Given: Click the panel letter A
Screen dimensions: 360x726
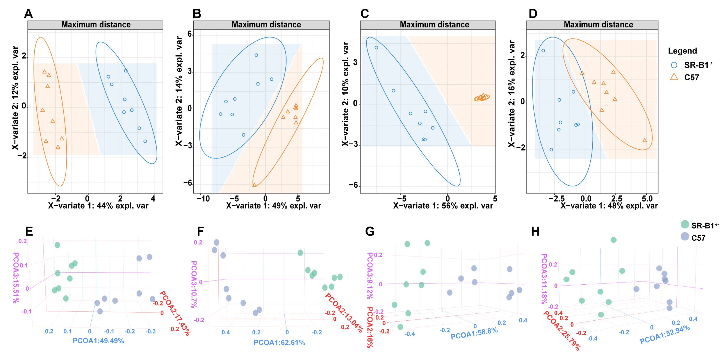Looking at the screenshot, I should point(28,14).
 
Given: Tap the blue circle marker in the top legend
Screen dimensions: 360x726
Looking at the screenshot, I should point(674,65).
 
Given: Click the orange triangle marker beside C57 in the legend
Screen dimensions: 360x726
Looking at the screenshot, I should point(674,77).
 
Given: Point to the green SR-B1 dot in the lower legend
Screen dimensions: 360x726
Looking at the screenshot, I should point(685,224).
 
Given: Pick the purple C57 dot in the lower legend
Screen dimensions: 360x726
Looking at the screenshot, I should point(685,236).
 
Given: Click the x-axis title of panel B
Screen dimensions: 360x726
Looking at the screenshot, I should point(273,206).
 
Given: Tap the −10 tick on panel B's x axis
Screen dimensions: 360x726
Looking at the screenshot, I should point(203,199).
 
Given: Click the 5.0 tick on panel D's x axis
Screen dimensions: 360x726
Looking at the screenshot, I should point(647,199).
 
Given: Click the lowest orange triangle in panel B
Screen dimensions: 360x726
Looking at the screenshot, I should point(254,185).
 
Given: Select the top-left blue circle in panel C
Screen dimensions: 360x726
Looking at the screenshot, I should point(376,48).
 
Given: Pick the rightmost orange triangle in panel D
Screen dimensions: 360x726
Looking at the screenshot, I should point(644,140).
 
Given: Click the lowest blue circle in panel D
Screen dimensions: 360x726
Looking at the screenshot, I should point(551,150).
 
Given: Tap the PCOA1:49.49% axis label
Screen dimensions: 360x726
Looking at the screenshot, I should point(98,341).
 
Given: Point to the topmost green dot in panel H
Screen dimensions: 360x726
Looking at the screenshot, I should point(614,240).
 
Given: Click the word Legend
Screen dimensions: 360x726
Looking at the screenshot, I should point(682,51).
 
